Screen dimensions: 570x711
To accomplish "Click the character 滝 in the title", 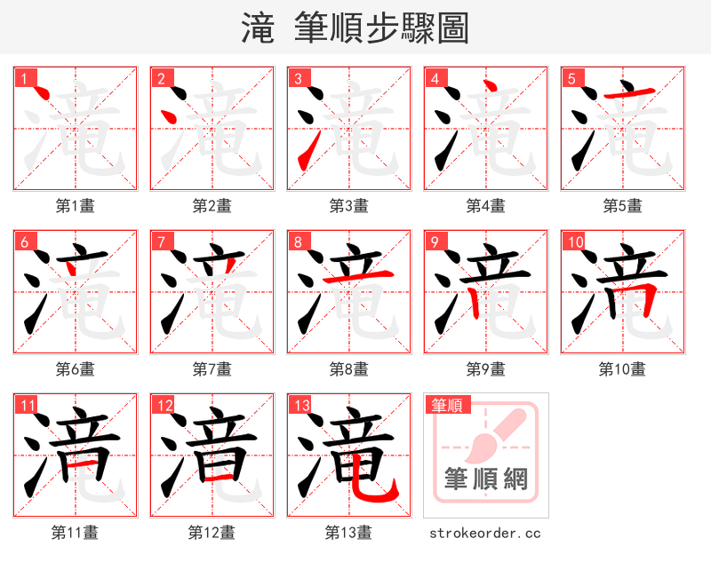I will (x=258, y=28).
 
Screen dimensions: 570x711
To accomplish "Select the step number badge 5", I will (x=571, y=79).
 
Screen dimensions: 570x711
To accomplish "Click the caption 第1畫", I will (x=76, y=206).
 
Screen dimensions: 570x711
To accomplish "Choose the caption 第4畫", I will (x=486, y=206).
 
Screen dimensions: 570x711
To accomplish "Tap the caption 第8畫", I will (x=349, y=368).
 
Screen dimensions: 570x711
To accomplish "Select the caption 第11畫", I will (x=76, y=533).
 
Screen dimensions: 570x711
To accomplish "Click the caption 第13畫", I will (x=349, y=533).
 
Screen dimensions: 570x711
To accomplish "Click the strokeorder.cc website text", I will (x=485, y=534).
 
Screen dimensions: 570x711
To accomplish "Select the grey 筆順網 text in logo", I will (x=485, y=480).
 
